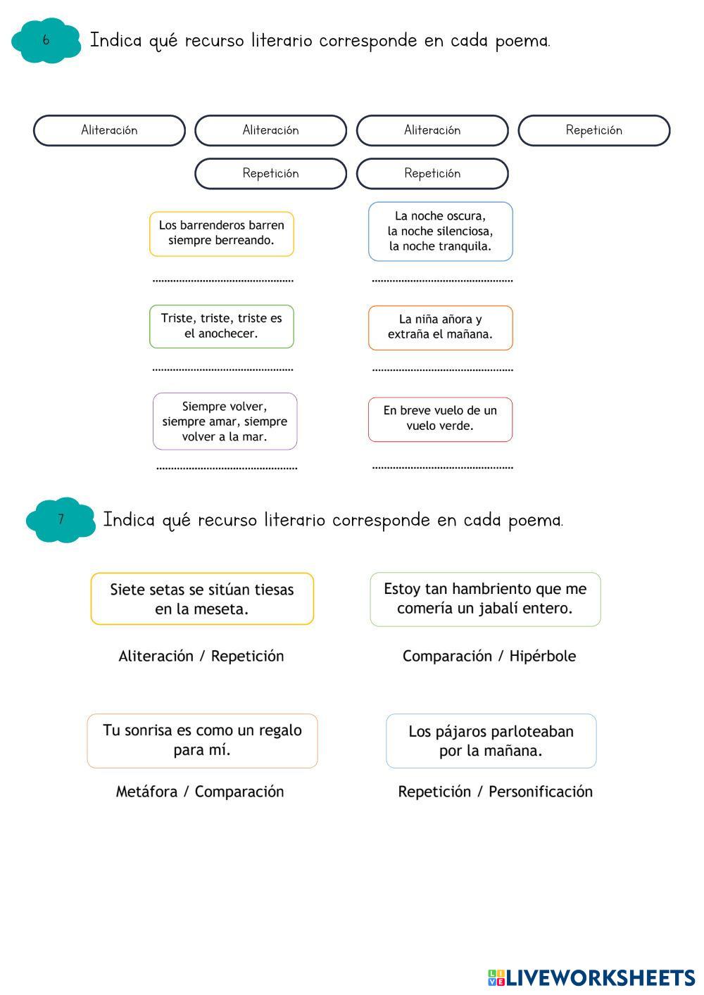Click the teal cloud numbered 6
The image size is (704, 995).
pos(46,41)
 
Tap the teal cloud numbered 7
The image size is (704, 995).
pos(61,520)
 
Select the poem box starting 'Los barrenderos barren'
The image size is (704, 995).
pos(221,234)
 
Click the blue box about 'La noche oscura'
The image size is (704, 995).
pos(440,232)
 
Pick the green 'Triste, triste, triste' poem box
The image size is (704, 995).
pos(221,327)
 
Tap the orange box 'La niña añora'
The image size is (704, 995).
pos(440,327)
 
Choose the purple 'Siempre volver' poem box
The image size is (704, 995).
pos(225,422)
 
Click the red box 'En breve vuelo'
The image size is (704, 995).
pos(440,419)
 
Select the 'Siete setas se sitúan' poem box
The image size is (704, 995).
pos(202,599)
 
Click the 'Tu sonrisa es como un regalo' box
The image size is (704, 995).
pos(202,740)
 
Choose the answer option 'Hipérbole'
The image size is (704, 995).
pos(542,657)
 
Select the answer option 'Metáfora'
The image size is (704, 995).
pos(146,792)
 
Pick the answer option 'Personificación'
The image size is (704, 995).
pos(541,792)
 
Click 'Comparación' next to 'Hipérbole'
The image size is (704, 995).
pos(447,657)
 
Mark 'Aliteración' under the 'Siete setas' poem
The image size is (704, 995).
pos(156,657)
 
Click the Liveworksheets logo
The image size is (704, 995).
pos(591,977)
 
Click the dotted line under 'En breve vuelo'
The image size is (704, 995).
pos(442,467)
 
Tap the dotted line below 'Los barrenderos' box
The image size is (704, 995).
pos(222,281)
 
